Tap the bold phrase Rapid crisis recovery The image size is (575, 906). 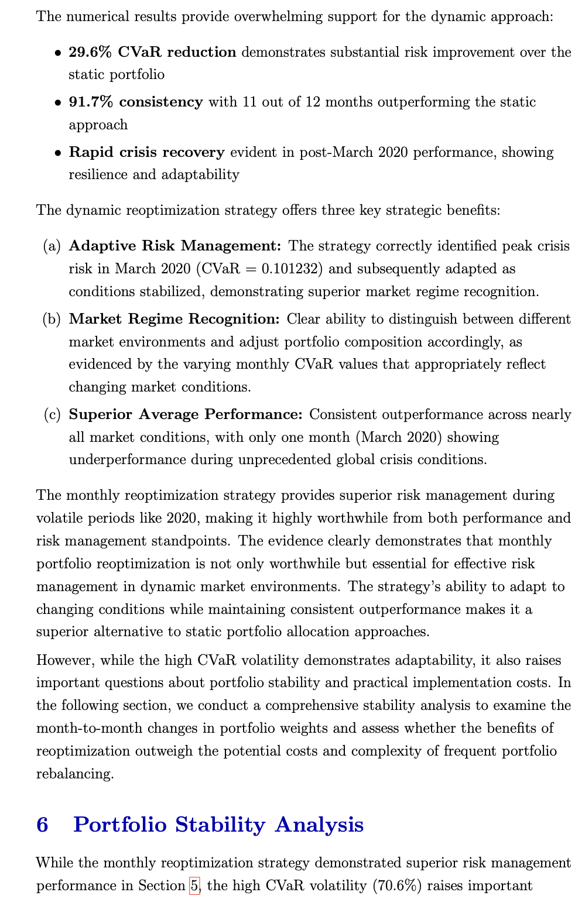coord(146,152)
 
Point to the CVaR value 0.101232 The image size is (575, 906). coord(292,269)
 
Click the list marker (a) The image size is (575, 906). coord(52,246)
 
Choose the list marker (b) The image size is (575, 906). coord(52,319)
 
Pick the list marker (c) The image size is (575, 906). coord(52,414)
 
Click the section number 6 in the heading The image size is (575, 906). coord(42,824)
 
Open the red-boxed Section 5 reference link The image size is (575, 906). coord(194,886)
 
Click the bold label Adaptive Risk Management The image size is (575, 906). coord(174,246)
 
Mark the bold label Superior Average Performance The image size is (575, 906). coord(185,414)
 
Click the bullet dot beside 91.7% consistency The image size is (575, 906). coord(57,102)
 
